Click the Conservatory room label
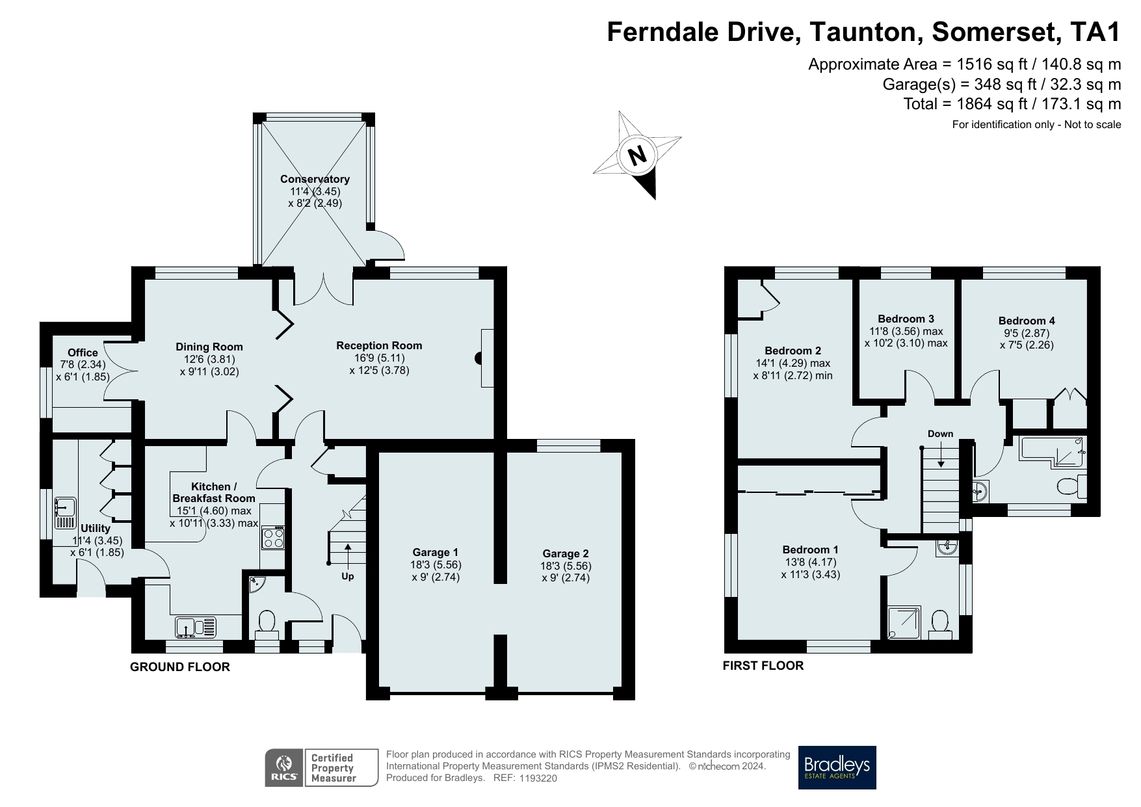315,179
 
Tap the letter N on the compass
637,155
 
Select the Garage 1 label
435,553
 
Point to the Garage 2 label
566,553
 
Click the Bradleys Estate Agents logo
837,767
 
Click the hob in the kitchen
272,538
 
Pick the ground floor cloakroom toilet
267,625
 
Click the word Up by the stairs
348,576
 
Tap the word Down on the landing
940,434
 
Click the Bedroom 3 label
906,319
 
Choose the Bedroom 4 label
1027,321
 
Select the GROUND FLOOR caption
180,667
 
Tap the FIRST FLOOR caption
763,665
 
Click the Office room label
83,352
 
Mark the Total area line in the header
1012,103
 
